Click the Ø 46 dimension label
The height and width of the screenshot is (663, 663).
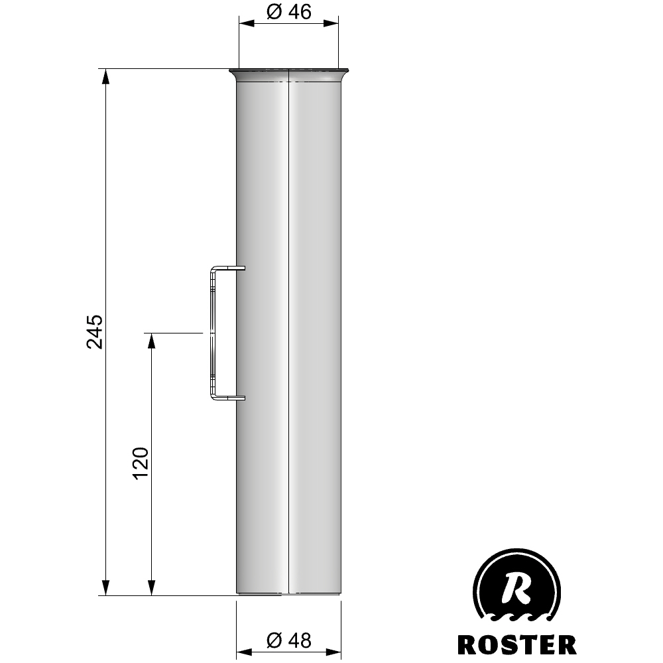(289, 12)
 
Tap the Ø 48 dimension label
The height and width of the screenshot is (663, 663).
(289, 640)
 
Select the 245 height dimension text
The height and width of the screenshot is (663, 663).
(95, 331)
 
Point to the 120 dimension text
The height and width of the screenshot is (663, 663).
(141, 463)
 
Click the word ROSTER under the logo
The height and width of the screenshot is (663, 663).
(516, 644)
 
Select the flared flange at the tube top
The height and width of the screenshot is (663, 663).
(289, 74)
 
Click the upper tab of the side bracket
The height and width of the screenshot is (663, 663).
(229, 269)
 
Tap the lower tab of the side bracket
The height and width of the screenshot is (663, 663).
(229, 397)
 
